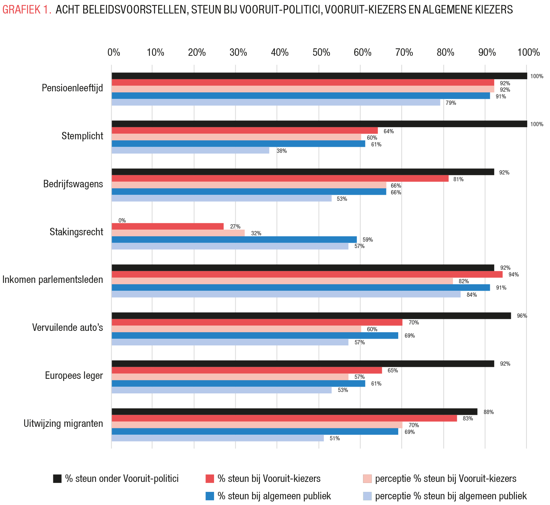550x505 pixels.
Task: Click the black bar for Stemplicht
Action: coord(319,124)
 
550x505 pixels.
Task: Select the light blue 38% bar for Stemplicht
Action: coord(191,150)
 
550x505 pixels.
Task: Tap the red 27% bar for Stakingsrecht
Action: coord(168,226)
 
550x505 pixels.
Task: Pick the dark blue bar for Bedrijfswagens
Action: coord(249,192)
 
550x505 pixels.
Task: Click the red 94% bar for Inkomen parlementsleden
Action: coord(307,274)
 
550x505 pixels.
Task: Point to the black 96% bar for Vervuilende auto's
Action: coord(311,316)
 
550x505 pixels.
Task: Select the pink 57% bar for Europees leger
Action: coord(230,377)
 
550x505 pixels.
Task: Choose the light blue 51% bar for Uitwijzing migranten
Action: coord(218,438)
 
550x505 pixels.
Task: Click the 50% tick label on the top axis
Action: coord(321,53)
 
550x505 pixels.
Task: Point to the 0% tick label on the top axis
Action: coord(114,53)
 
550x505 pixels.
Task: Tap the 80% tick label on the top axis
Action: coord(445,53)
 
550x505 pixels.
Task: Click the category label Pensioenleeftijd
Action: coord(73,88)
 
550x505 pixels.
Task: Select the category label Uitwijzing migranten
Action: coord(63,424)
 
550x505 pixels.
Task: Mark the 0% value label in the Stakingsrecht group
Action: coord(122,220)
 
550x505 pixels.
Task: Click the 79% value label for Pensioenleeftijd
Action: coord(451,103)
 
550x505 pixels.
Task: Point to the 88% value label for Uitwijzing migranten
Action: coord(488,412)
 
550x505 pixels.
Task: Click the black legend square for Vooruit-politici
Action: coord(57,479)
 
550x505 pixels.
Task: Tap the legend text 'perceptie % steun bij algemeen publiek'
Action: coord(451,496)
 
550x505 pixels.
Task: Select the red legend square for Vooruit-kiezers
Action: coord(210,479)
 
